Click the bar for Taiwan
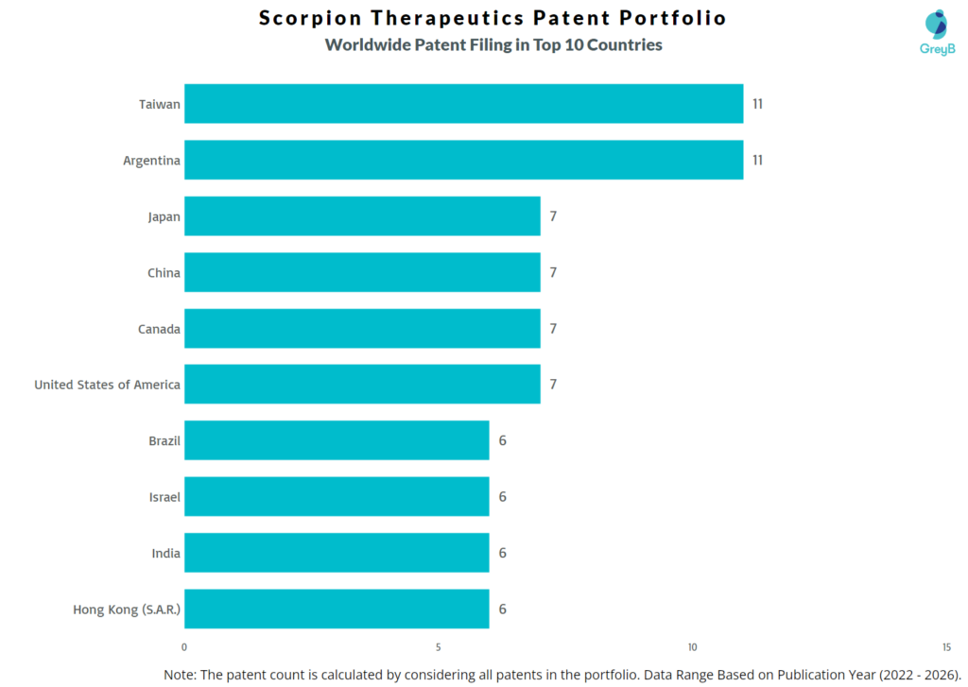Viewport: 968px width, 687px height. click(463, 104)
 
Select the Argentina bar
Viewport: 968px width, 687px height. click(463, 160)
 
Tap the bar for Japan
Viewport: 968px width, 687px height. click(362, 216)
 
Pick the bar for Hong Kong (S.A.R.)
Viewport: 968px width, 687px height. click(337, 609)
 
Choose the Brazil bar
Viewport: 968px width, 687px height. click(337, 440)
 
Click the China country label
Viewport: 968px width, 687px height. click(164, 273)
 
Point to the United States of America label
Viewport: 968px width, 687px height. click(107, 385)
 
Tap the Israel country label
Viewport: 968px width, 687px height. click(164, 497)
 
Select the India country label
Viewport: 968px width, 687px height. click(165, 553)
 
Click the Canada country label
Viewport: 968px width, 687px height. click(159, 329)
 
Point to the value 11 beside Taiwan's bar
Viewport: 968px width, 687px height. click(757, 104)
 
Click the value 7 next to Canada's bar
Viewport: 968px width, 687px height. click(553, 329)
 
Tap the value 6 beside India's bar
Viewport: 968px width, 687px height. click(503, 553)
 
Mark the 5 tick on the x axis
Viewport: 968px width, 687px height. click(439, 647)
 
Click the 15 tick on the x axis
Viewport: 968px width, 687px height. click(946, 647)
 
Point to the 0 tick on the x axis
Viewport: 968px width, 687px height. click(184, 647)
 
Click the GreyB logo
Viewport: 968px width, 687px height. click(936, 32)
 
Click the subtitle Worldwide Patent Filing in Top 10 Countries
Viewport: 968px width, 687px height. click(493, 44)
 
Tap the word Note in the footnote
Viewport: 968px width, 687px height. click(181, 674)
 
